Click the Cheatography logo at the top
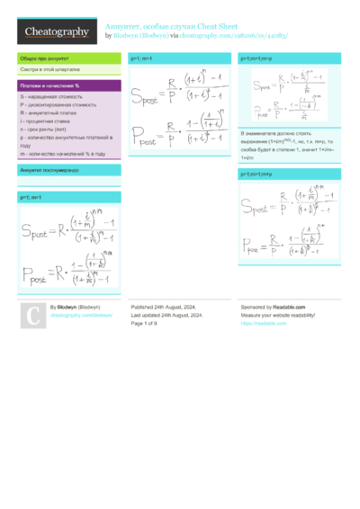[57, 31]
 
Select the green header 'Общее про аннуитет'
[45, 58]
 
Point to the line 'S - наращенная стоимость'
[49, 96]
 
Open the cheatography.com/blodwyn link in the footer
[81, 316]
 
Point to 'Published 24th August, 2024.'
[166, 308]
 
